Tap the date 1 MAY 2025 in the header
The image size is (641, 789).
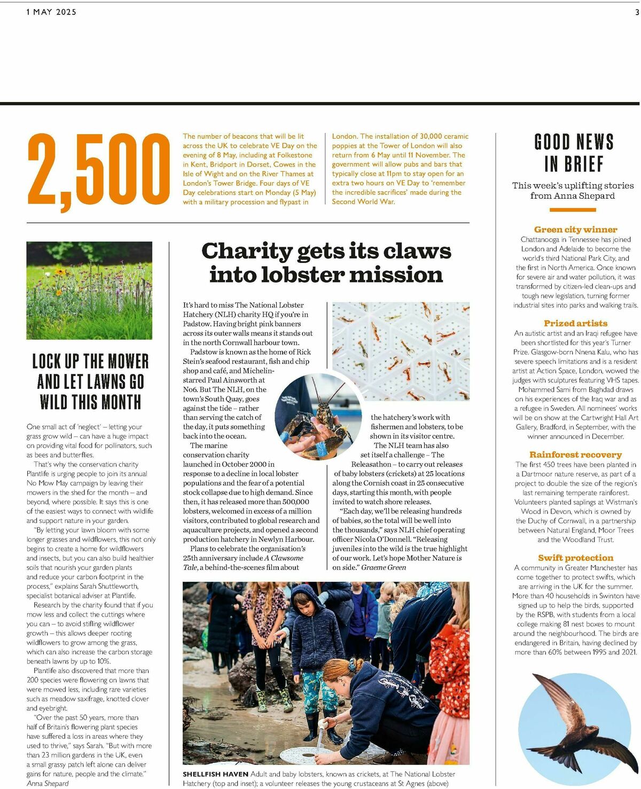(x=51, y=12)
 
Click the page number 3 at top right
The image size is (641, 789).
(x=637, y=12)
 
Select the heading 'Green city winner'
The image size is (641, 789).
(x=575, y=230)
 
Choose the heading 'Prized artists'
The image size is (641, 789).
(x=575, y=323)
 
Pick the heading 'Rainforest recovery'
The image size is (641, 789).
(x=575, y=455)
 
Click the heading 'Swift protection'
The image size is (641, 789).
(x=575, y=558)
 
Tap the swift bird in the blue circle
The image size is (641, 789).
(x=572, y=716)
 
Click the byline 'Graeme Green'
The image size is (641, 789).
(x=384, y=567)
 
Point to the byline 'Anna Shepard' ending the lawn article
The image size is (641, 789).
(x=48, y=784)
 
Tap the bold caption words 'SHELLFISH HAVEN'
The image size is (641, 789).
(x=215, y=774)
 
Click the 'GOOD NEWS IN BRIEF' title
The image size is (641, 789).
(x=574, y=153)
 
